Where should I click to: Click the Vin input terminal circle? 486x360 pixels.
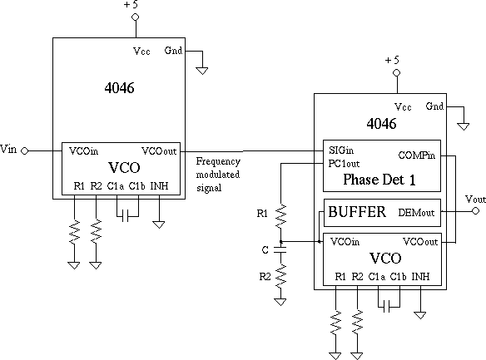[24, 150]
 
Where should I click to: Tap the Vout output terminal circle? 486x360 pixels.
[475, 211]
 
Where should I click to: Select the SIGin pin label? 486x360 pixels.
[341, 150]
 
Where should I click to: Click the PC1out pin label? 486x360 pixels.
[344, 164]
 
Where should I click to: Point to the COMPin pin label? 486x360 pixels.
[417, 155]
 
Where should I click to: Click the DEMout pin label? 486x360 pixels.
[416, 213]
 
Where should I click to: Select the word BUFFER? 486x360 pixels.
[357, 212]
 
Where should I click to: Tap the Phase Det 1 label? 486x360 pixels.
[379, 180]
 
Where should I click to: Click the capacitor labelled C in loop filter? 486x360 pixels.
[280, 249]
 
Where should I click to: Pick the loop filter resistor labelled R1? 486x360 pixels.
[280, 216]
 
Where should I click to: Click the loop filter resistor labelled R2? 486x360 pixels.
[280, 276]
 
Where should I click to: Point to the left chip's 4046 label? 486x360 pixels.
[119, 88]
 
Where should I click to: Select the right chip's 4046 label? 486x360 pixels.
[381, 124]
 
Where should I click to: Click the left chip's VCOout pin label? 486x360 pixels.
[159, 151]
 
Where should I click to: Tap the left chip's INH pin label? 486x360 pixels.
[159, 185]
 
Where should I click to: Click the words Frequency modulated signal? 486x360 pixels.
[218, 175]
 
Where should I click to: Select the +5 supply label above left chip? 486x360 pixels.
[131, 5]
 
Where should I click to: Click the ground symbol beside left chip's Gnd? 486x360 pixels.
[202, 71]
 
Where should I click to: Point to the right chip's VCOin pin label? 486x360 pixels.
[345, 241]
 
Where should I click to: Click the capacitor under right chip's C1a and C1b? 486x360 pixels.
[386, 307]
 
